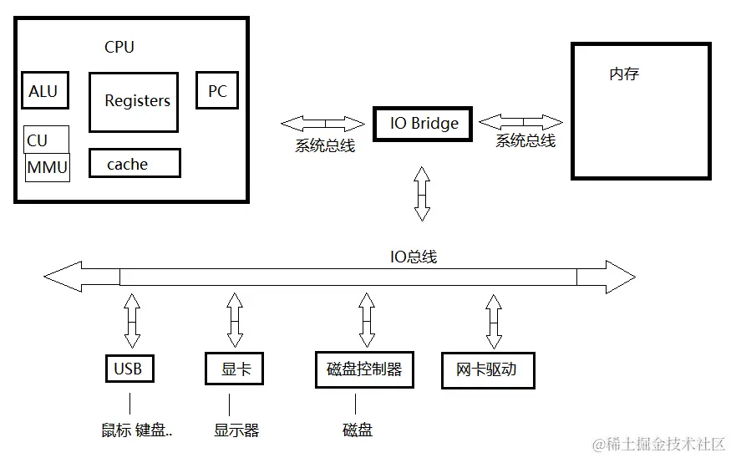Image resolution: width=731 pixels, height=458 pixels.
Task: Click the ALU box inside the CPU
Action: pos(43,91)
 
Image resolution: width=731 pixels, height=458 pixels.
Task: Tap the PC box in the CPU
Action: pos(216,90)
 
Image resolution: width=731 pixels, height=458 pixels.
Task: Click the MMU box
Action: pos(47,166)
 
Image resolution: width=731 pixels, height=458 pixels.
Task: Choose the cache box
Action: pos(134,164)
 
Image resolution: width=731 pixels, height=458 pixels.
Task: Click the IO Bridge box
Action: pos(423,124)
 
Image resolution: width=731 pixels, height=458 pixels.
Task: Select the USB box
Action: pos(129,369)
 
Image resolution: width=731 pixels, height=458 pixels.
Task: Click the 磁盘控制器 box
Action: pos(364,369)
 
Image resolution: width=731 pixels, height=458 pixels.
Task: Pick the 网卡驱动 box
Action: pos(487,369)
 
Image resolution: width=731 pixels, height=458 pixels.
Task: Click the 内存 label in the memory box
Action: pos(624,74)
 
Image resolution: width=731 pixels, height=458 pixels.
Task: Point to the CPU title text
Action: pos(119,47)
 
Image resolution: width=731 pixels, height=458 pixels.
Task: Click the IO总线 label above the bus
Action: pos(413,257)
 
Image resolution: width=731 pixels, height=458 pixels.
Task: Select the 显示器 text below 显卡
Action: pos(236,430)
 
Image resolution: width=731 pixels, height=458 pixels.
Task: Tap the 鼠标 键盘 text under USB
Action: pos(136,430)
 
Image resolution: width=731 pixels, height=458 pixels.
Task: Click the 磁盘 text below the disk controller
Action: pos(358,430)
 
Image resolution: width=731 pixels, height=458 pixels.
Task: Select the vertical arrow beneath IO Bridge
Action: pos(422,193)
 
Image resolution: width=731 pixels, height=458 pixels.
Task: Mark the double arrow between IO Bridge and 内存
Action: pos(520,121)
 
